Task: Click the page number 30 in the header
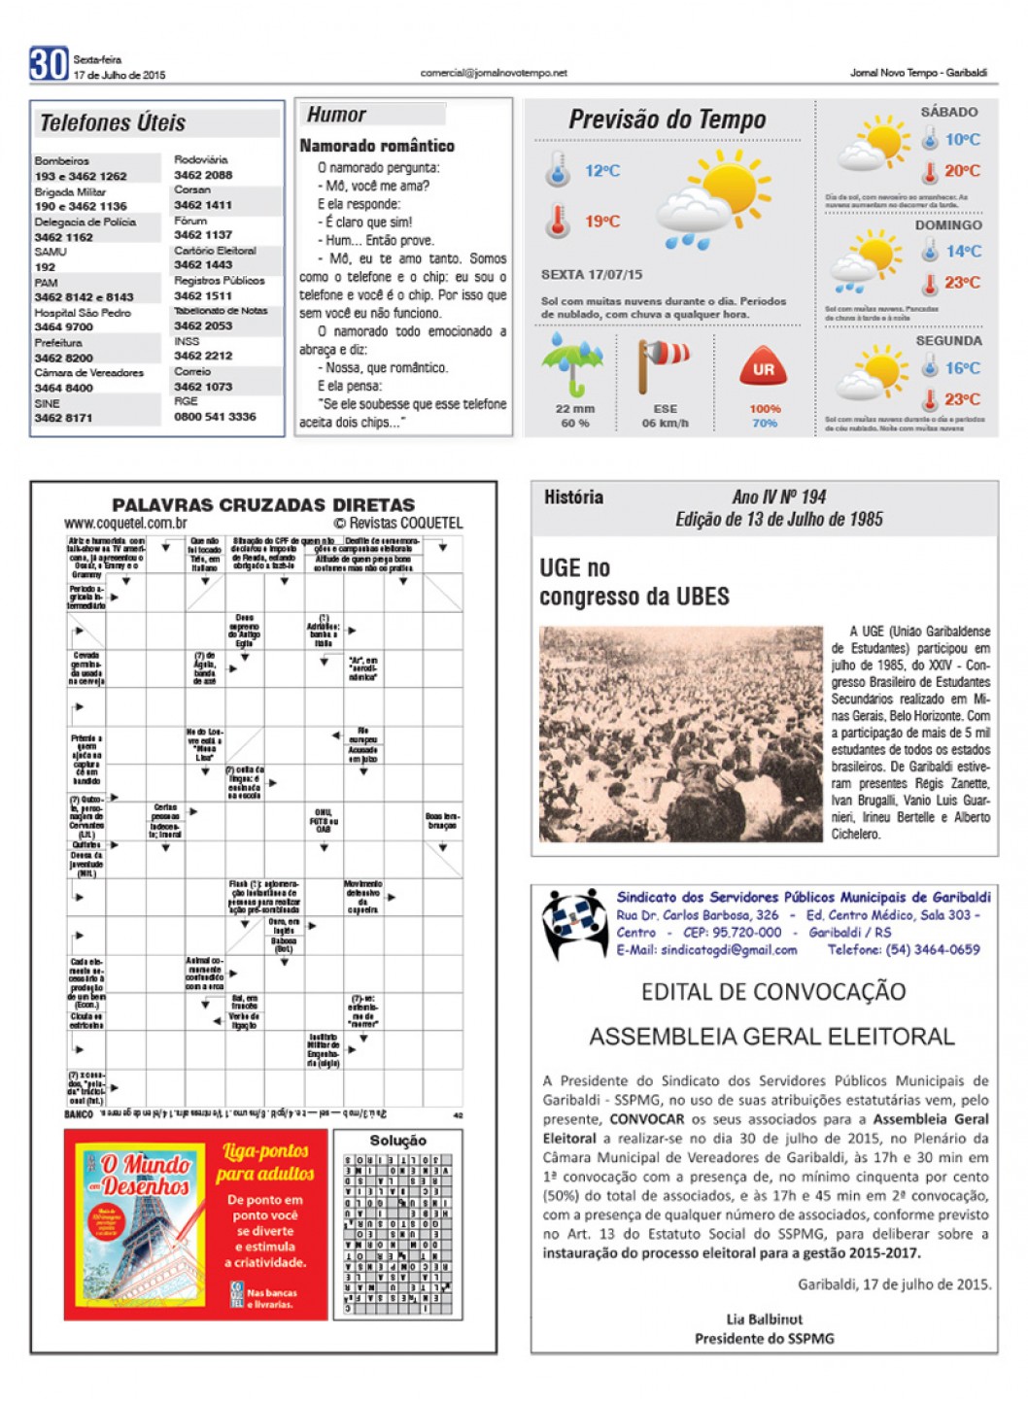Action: [x=48, y=64]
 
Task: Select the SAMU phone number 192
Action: [x=45, y=266]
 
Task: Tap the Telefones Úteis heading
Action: [x=113, y=123]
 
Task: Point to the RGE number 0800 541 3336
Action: [x=215, y=417]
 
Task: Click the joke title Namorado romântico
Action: [x=377, y=146]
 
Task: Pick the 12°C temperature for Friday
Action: [x=601, y=171]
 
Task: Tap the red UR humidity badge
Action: [x=764, y=369]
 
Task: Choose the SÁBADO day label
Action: [x=948, y=112]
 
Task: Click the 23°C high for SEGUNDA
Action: [x=962, y=399]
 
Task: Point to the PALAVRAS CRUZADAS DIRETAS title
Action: [x=263, y=505]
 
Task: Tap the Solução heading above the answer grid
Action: [x=397, y=1141]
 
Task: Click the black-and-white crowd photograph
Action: [x=680, y=734]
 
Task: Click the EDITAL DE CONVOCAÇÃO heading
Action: [x=772, y=992]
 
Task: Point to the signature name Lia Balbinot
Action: [x=764, y=1319]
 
